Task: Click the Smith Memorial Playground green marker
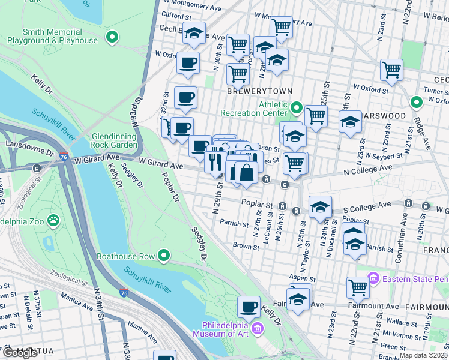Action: click(x=112, y=38)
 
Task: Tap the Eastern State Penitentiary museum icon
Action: click(x=373, y=278)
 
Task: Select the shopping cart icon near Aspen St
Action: click(x=358, y=287)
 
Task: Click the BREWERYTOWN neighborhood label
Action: click(x=259, y=91)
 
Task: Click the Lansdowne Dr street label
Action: click(x=26, y=145)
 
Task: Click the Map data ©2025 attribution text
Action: click(x=424, y=355)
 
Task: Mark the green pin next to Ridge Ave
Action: click(x=416, y=101)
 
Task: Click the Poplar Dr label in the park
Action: click(x=171, y=187)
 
